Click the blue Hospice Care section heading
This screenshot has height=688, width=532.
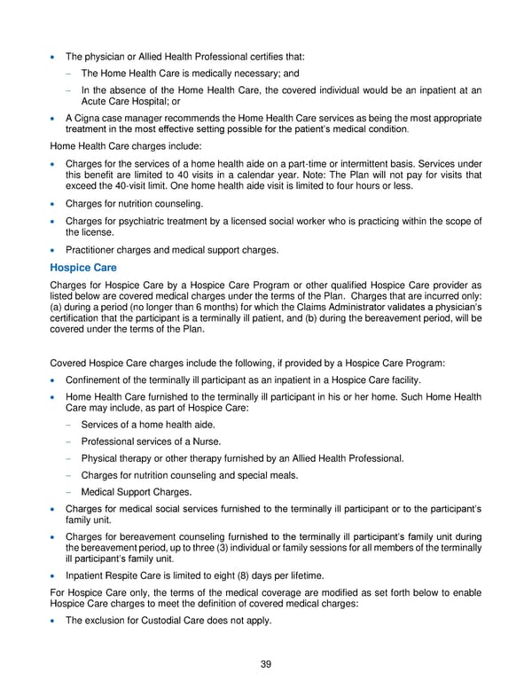click(84, 267)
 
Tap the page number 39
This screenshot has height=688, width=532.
click(266, 665)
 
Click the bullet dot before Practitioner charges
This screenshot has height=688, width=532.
click(55, 249)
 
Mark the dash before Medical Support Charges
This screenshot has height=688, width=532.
click(68, 492)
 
